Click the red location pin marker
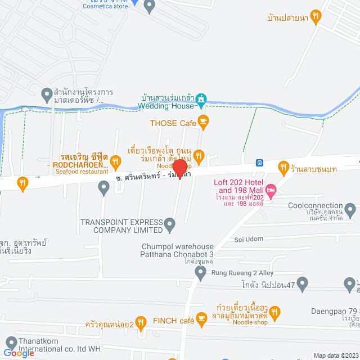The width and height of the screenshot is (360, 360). [180, 168]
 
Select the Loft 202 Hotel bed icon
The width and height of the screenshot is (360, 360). [271, 191]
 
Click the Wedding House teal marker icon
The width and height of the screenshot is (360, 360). [201, 100]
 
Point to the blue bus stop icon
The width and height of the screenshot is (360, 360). [259, 163]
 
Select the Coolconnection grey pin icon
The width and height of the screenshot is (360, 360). [350, 212]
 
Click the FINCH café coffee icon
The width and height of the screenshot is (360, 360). [201, 320]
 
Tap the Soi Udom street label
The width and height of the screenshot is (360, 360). [249, 239]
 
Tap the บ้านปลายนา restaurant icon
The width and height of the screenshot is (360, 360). [316, 17]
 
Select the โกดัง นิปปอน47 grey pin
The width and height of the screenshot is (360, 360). [303, 285]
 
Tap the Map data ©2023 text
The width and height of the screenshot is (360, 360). [336, 355]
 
